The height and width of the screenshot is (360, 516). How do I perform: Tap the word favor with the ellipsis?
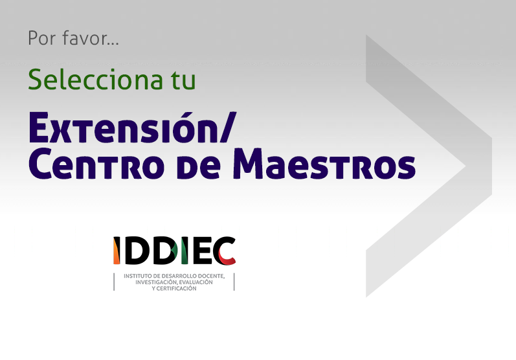coord(91,38)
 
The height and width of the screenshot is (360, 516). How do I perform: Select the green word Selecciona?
coord(95,79)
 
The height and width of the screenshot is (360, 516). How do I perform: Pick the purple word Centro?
coord(96,164)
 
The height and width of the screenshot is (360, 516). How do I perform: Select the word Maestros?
coord(324,164)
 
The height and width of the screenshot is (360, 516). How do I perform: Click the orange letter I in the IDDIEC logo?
coord(117,251)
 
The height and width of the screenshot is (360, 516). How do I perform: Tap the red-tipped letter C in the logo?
coord(224,251)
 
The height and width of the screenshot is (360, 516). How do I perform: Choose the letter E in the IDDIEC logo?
coord(201,251)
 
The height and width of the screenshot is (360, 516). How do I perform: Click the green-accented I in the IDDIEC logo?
coord(185,251)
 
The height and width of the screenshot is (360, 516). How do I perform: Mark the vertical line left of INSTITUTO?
coord(114,282)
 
